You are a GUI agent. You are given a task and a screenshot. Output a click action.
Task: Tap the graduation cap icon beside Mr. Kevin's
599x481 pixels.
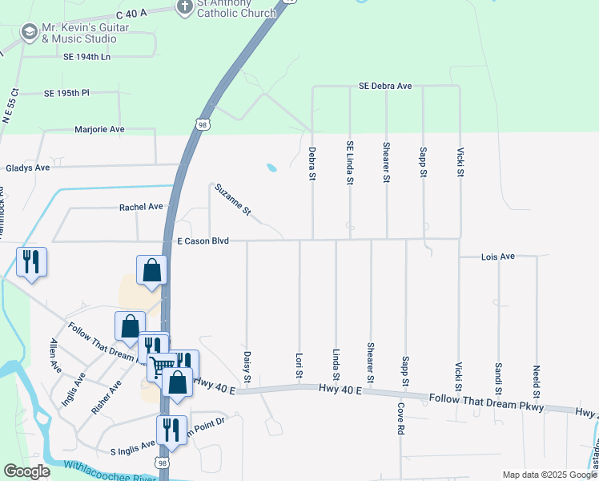[30, 32]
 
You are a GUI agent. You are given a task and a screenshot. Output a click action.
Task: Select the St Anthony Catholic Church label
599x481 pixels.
[236, 8]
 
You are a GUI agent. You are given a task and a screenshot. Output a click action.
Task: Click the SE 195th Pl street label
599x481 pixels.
[67, 93]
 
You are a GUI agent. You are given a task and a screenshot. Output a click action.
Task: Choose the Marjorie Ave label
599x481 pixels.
[99, 129]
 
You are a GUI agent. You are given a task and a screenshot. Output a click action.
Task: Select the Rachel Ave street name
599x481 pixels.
[141, 207]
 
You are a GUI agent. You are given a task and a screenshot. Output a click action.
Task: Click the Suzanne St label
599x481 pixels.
[233, 201]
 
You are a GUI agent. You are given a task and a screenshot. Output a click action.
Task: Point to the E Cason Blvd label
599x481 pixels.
[203, 240]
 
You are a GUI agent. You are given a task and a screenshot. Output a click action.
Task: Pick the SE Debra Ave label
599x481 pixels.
[385, 86]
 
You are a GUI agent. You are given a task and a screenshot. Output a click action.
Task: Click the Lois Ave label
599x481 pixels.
[497, 257]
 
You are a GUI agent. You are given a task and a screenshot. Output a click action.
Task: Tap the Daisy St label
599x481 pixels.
[247, 366]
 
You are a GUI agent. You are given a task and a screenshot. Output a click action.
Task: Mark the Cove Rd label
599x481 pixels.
[400, 418]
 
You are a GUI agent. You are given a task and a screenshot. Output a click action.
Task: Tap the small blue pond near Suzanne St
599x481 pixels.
[272, 168]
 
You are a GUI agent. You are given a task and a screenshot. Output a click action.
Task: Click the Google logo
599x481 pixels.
[27, 471]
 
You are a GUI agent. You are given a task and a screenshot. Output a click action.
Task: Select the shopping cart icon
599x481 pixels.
[161, 366]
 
